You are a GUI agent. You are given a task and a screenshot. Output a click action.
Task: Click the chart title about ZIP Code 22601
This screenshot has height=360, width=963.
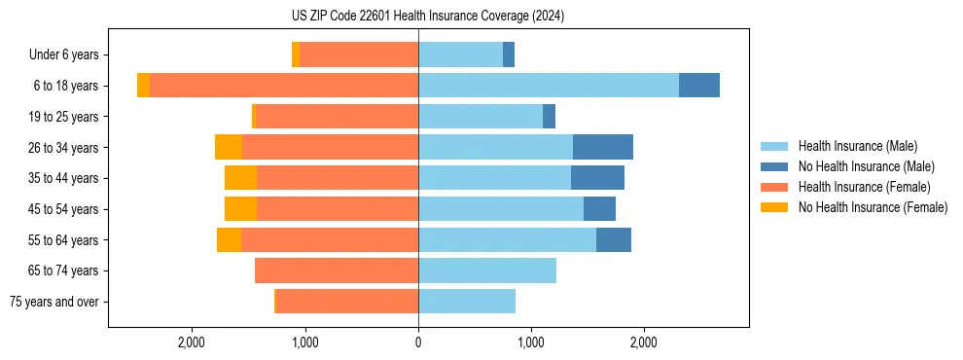click(x=427, y=17)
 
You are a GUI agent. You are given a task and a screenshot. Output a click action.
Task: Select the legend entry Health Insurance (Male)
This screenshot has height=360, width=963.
click(x=852, y=146)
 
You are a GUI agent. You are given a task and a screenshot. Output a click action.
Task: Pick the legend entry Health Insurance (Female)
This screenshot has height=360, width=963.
click(x=857, y=187)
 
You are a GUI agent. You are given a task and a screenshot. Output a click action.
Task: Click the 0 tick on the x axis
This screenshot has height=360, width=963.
click(x=418, y=342)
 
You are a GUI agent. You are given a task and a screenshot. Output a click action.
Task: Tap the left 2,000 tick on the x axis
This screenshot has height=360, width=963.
click(x=192, y=342)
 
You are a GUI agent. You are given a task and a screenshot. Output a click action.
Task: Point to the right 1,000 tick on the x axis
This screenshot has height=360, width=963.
click(x=531, y=342)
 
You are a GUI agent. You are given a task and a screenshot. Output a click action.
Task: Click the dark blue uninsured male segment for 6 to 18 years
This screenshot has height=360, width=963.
click(x=698, y=86)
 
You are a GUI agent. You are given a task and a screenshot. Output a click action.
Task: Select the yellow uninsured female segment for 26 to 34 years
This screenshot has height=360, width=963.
click(x=229, y=147)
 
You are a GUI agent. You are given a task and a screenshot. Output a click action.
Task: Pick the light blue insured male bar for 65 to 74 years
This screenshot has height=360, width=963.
click(x=486, y=270)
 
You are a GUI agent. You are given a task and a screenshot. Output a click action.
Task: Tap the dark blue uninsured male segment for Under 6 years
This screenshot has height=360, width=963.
click(x=509, y=54)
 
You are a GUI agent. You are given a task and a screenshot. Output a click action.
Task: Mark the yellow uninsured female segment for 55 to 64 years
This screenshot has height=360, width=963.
click(x=229, y=239)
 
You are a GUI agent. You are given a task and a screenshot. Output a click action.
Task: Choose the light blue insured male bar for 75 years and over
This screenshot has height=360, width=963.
click(x=467, y=302)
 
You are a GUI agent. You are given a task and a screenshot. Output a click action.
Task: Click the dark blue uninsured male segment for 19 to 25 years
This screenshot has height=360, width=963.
click(x=549, y=117)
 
